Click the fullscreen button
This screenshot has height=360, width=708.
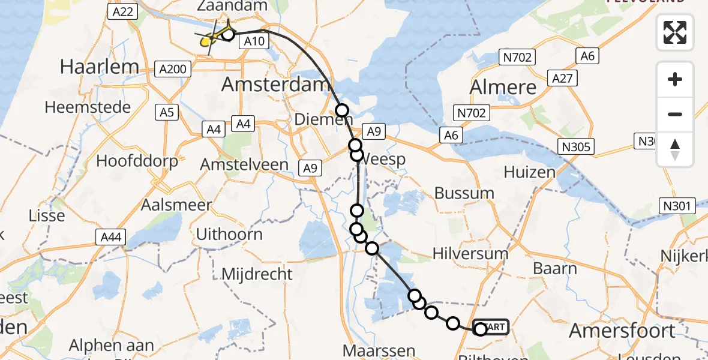pos(675,32)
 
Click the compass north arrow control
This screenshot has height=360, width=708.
pos(675,149)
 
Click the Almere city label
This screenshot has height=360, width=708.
pos(503,88)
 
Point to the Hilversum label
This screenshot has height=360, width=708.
pos(470,253)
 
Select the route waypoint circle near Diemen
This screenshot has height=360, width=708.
pos(342,110)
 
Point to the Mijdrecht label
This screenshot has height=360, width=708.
pos(257,274)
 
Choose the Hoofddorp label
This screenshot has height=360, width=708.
pos(137,161)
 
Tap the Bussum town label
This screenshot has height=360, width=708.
pos(464,193)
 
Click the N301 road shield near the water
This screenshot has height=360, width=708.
pos(679,206)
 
